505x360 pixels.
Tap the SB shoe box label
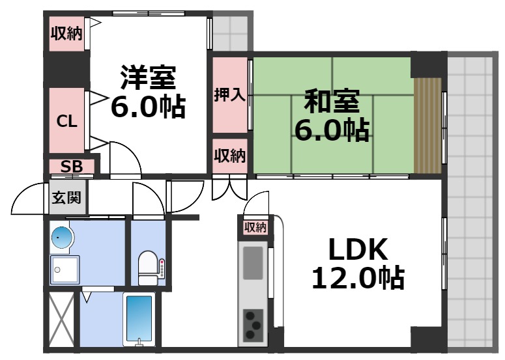coord(72,167)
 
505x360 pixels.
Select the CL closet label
coord(67,121)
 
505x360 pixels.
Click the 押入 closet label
coord(229,95)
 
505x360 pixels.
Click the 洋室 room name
coord(147,78)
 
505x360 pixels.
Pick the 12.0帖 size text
coord(358,279)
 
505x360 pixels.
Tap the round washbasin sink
coord(62,238)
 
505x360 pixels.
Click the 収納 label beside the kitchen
coord(255,227)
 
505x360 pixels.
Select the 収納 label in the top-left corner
coord(67,33)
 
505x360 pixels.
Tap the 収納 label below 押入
coord(229,156)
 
